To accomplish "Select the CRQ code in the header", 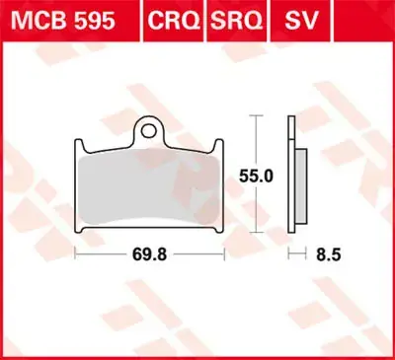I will [x=171, y=19].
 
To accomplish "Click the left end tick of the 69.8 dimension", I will [x=76, y=252].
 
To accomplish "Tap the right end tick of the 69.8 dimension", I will [x=227, y=252].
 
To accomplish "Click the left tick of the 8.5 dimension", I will [x=288, y=252].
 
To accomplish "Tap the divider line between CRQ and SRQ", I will [x=201, y=19].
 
